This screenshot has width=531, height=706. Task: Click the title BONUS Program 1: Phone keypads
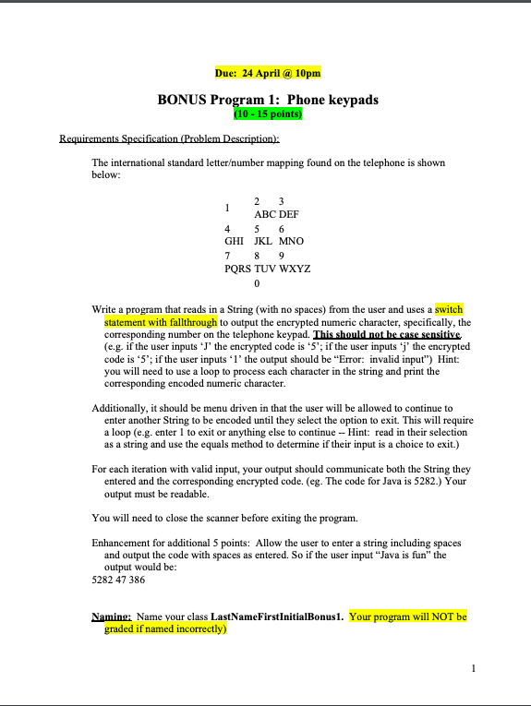click(268, 100)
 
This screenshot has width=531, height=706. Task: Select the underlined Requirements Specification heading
click(169, 139)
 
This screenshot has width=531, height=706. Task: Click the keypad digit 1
click(227, 208)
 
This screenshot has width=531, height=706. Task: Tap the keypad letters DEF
click(288, 214)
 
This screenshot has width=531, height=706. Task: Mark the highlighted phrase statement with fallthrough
click(161, 322)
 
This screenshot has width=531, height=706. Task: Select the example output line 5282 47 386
click(119, 580)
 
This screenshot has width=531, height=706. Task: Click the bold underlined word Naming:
click(111, 616)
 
